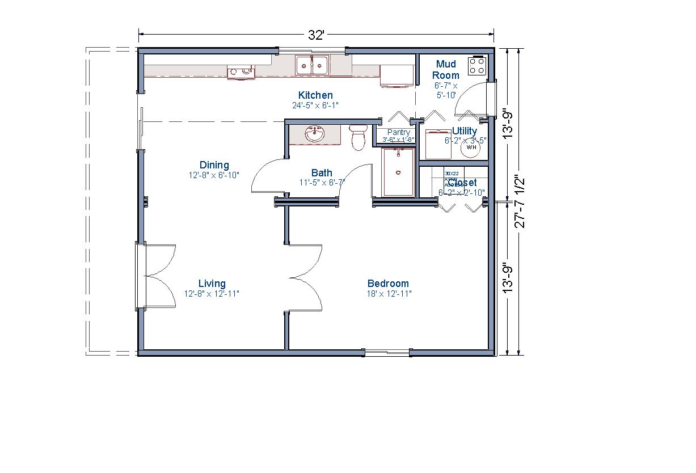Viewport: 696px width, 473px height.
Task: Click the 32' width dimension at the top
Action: click(316, 35)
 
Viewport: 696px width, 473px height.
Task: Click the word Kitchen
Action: click(315, 95)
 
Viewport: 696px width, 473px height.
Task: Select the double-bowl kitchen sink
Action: click(312, 65)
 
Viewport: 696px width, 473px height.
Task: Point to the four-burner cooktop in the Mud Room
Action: click(477, 66)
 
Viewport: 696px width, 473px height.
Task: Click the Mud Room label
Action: click(446, 70)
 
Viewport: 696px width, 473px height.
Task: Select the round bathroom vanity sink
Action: click(314, 134)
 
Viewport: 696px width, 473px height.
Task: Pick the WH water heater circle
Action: click(471, 147)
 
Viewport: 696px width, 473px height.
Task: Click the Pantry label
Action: click(398, 133)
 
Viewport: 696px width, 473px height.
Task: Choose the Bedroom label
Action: click(388, 284)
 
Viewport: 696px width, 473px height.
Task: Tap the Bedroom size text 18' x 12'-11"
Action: click(389, 294)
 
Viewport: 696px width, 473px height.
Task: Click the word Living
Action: click(212, 284)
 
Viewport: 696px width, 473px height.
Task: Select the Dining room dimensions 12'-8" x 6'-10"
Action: click(214, 175)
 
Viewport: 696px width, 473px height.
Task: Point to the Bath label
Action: click(322, 173)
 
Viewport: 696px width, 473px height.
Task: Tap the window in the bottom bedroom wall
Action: click(387, 353)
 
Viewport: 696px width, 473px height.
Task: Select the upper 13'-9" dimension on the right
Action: click(509, 124)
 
